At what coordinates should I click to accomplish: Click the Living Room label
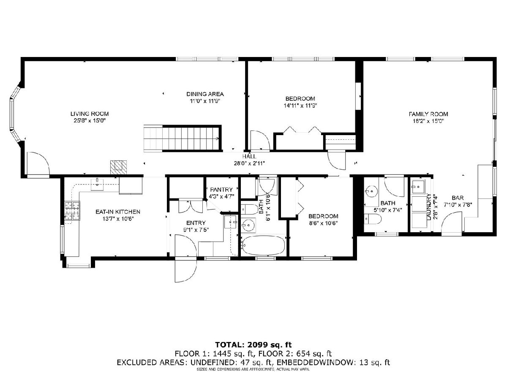(x=90, y=114)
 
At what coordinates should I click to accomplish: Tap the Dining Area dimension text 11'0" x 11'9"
(x=205, y=101)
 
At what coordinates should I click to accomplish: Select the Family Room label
(x=428, y=114)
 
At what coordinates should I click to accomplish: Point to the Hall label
(x=249, y=156)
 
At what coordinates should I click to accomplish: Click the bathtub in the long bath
(x=263, y=245)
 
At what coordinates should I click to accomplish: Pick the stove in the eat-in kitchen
(x=72, y=211)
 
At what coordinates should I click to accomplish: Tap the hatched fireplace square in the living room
(x=118, y=167)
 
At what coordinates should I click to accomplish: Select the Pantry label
(x=221, y=190)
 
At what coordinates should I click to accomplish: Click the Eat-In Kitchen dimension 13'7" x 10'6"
(x=118, y=219)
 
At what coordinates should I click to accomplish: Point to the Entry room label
(x=196, y=223)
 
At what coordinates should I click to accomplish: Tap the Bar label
(x=458, y=198)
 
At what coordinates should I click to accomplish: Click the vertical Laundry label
(x=429, y=207)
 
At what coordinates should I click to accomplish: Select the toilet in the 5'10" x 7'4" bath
(x=372, y=219)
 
